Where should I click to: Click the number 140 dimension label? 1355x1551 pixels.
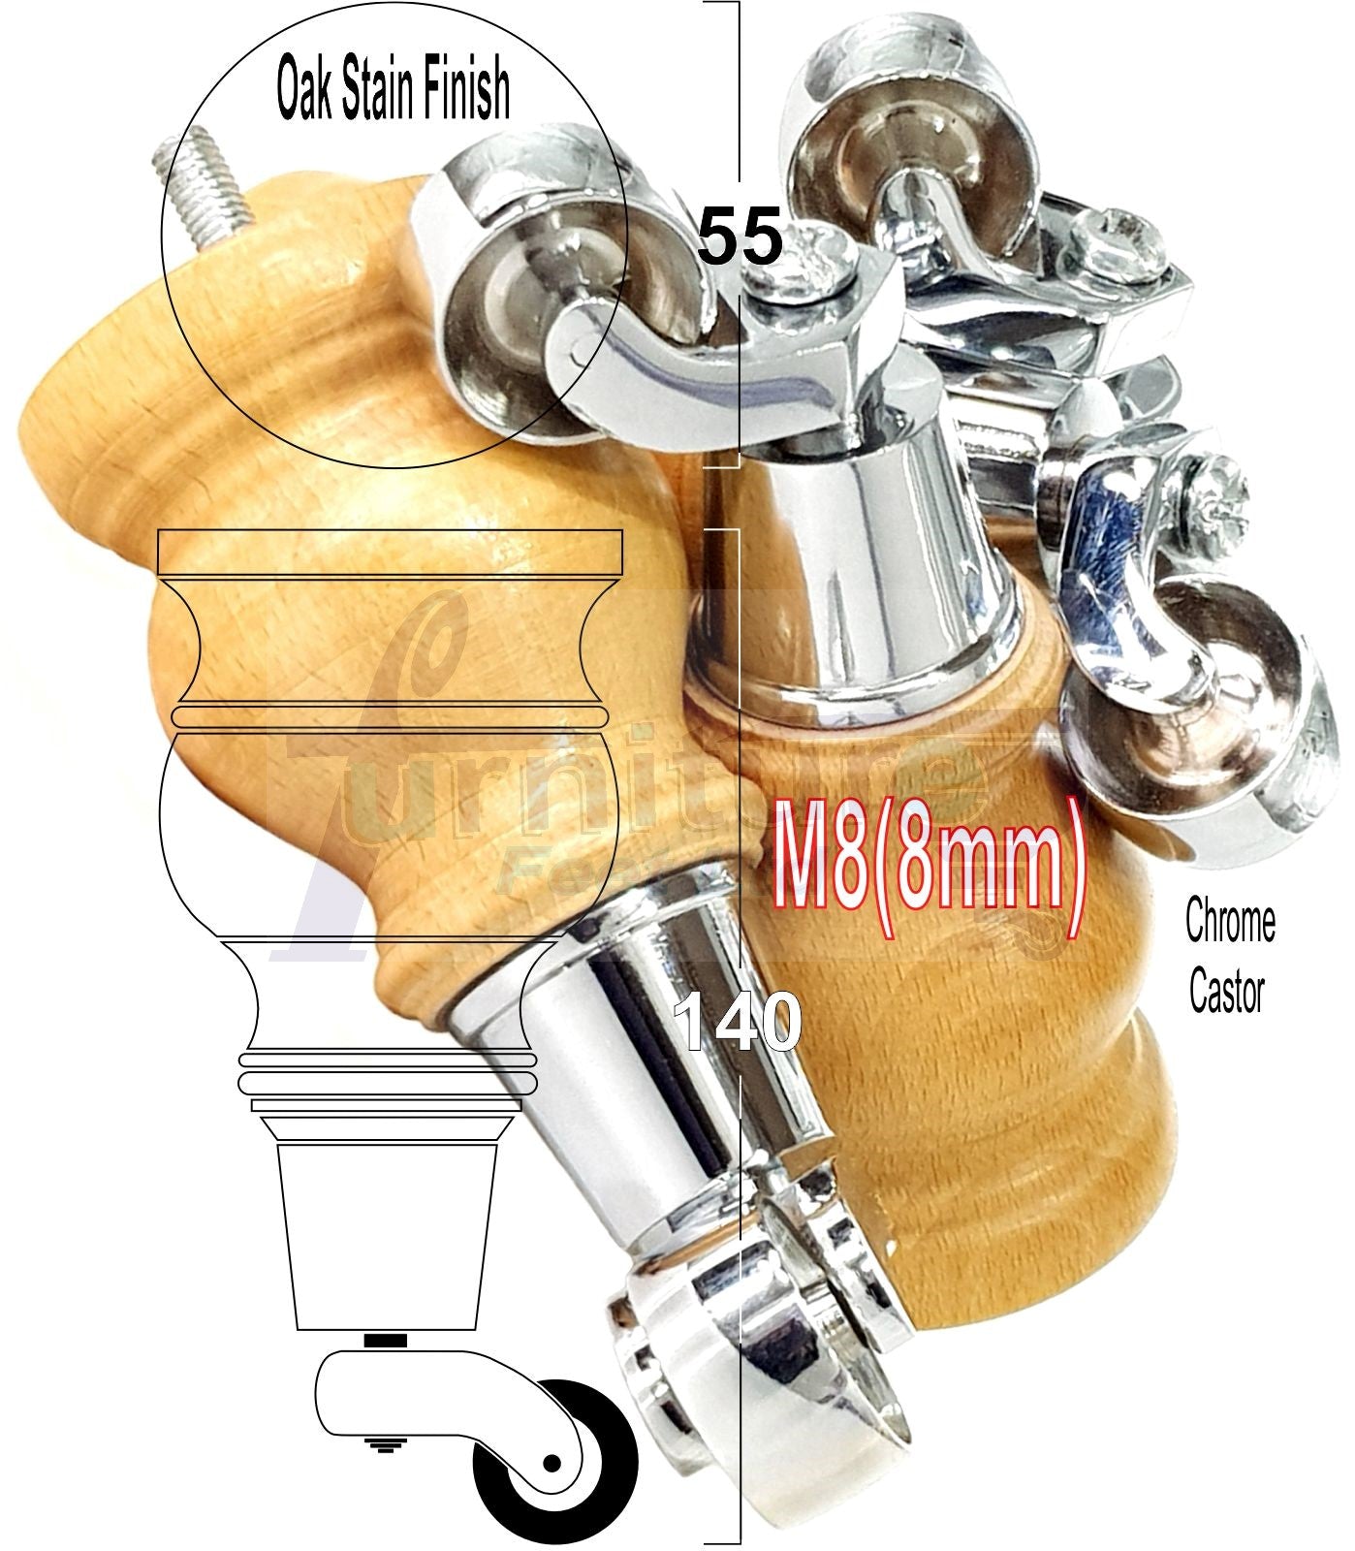click(x=739, y=1021)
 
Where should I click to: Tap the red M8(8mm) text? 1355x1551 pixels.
click(x=929, y=864)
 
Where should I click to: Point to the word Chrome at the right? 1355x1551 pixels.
click(x=1230, y=923)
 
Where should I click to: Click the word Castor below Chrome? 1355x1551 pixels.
click(x=1227, y=993)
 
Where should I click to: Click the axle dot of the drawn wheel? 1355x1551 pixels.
click(x=552, y=1461)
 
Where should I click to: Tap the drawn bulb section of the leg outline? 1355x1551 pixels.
click(x=388, y=834)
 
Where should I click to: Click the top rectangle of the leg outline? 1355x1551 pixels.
click(x=388, y=553)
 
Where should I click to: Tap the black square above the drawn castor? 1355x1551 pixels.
click(x=387, y=1341)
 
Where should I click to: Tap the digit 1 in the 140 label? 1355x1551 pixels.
click(x=690, y=1021)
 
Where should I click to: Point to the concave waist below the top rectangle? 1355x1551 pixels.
click(x=388, y=640)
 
